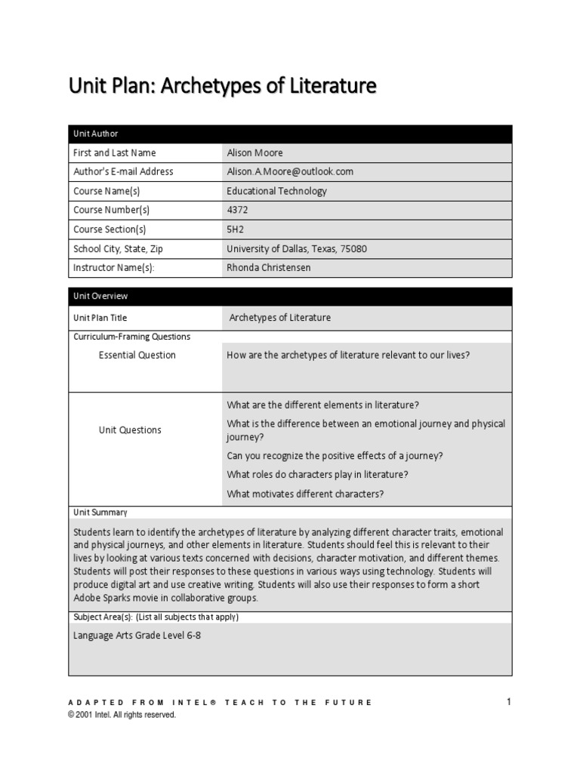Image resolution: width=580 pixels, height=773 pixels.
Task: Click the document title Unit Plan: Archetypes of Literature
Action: click(x=222, y=87)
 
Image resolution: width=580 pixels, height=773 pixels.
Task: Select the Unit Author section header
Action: click(x=95, y=134)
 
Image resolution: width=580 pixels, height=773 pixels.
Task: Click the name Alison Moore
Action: click(x=255, y=152)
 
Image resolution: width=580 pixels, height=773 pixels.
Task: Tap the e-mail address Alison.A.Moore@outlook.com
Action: click(x=290, y=171)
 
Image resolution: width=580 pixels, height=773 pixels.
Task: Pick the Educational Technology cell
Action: click(x=276, y=191)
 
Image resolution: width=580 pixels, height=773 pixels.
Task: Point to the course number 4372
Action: click(x=238, y=210)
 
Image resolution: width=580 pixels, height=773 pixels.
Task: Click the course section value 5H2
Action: click(x=235, y=229)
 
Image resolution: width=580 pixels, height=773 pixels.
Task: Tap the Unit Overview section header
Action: click(x=100, y=297)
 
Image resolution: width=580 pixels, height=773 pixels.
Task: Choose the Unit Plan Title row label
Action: click(x=105, y=318)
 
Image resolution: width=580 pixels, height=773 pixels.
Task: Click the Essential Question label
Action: click(x=137, y=355)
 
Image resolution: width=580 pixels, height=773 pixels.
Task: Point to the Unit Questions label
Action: click(x=130, y=430)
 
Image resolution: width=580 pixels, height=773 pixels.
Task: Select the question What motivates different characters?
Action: click(x=305, y=494)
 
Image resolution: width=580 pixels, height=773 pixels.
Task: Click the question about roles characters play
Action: click(x=317, y=474)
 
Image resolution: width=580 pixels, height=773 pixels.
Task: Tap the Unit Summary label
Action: click(x=100, y=513)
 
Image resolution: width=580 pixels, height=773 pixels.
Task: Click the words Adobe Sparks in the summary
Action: click(x=102, y=598)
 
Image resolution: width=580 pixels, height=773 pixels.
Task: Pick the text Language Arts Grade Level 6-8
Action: click(x=137, y=635)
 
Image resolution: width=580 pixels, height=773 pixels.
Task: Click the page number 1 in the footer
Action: click(x=509, y=702)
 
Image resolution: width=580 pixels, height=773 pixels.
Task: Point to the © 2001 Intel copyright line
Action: click(x=122, y=714)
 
